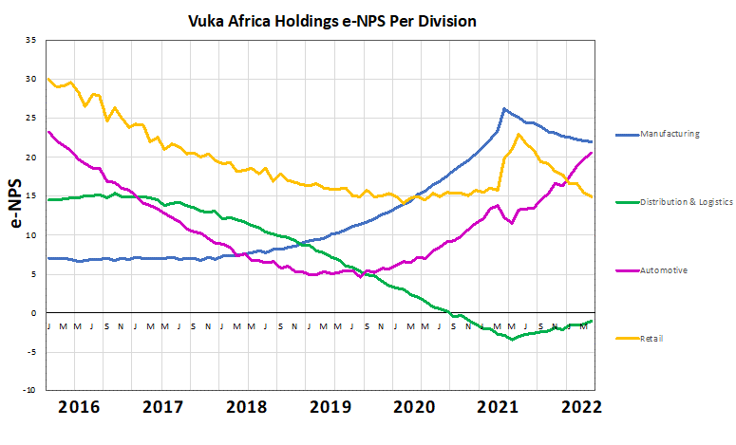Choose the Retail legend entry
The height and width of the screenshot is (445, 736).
tap(652, 338)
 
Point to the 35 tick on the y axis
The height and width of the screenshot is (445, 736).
tap(31, 41)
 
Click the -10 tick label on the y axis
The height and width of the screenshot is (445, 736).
tap(29, 390)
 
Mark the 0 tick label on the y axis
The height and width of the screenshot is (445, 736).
tap(33, 313)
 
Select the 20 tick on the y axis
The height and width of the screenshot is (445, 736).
tap(31, 158)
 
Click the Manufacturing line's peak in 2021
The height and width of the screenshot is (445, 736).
tap(503, 109)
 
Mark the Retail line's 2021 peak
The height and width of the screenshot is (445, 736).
tap(519, 135)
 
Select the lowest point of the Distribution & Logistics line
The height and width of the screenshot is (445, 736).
tap(512, 339)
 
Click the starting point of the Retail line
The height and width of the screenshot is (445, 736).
tap(47, 79)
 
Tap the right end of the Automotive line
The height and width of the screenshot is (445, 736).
tap(593, 153)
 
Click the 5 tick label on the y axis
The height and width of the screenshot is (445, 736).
tap(33, 274)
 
